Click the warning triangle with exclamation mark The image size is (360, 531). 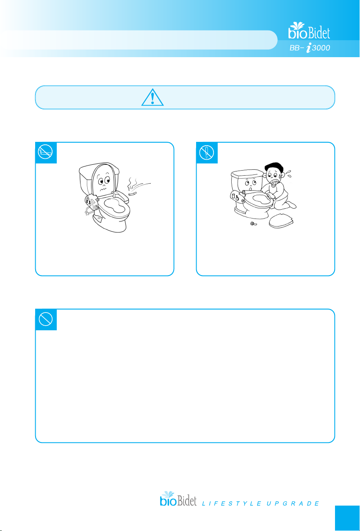[x=152, y=97]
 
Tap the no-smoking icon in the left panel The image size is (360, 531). [x=45, y=152]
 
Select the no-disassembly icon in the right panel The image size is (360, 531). [x=207, y=152]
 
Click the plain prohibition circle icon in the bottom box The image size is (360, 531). [x=46, y=319]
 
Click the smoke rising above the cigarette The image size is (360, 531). [x=132, y=184]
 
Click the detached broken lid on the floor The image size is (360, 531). [x=281, y=221]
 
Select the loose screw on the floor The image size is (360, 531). [x=254, y=223]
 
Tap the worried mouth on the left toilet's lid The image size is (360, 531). [x=103, y=190]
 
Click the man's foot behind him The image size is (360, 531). [x=292, y=205]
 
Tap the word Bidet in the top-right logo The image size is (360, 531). [x=319, y=33]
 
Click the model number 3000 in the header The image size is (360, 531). [x=321, y=48]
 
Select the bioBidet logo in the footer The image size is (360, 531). [x=178, y=499]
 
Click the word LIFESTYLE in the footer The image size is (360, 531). [x=232, y=503]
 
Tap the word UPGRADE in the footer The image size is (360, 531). [x=293, y=503]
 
